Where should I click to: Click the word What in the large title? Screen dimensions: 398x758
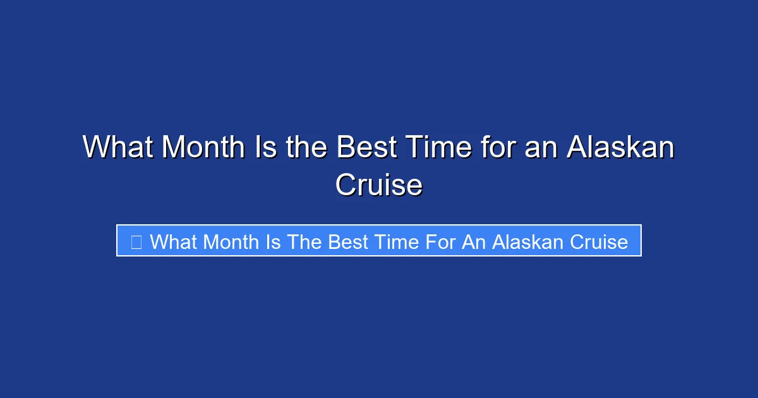pyautogui.click(x=117, y=148)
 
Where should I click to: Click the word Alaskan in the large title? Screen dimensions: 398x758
pyautogui.click(x=620, y=148)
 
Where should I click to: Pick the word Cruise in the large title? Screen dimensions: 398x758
pyautogui.click(x=378, y=185)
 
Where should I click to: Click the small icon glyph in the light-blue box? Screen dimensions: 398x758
pyautogui.click(x=136, y=241)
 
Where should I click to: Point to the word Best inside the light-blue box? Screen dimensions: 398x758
pyautogui.click(x=348, y=241)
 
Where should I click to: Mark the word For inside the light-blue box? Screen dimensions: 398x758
pyautogui.click(x=441, y=241)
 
